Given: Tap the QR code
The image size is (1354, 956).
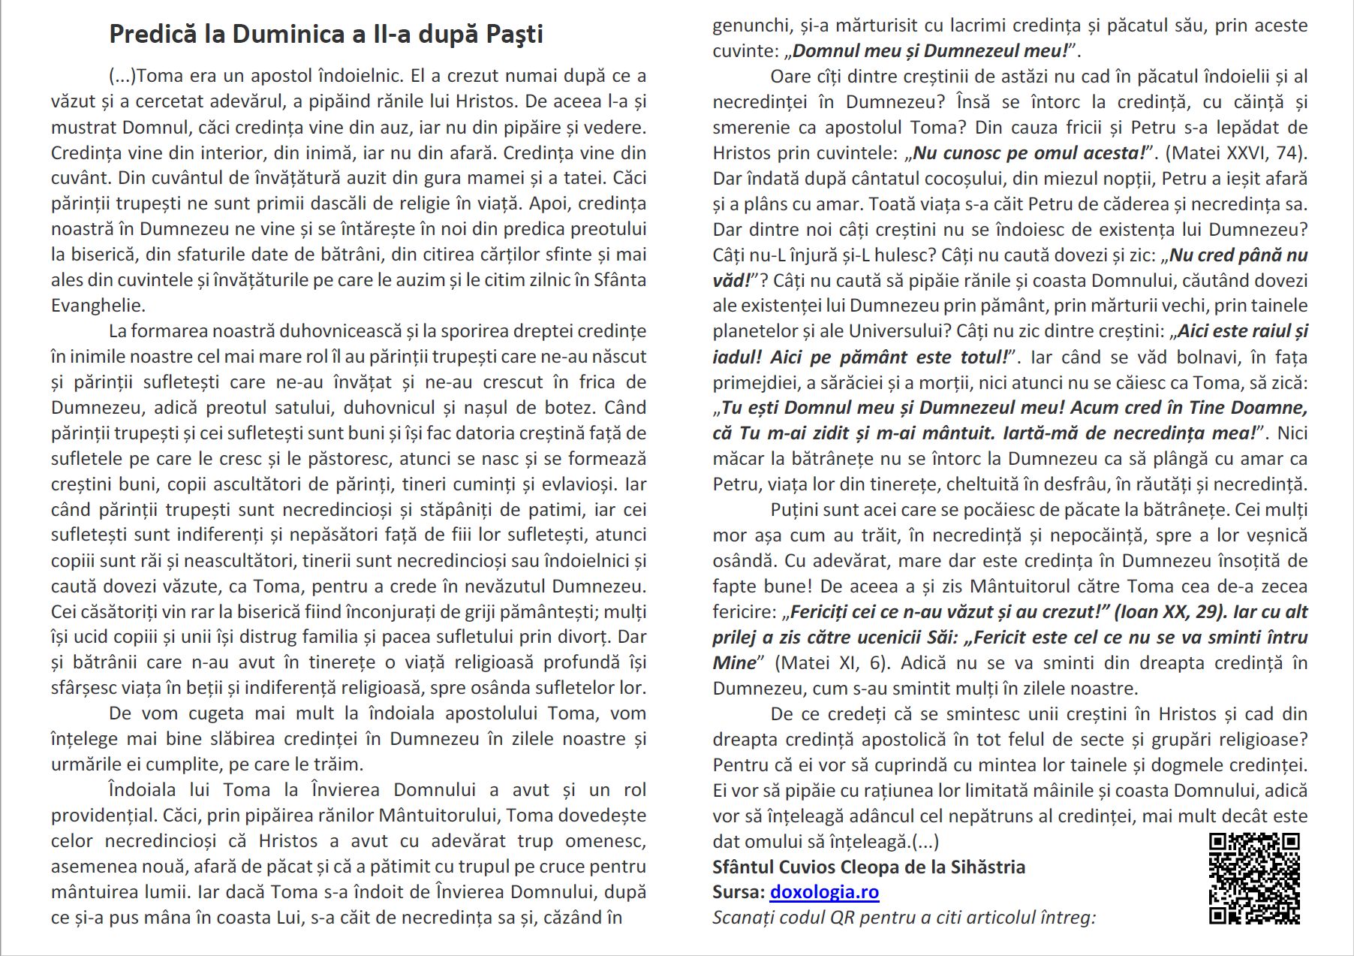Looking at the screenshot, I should (x=1253, y=878).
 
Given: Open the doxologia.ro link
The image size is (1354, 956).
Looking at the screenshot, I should (x=824, y=892).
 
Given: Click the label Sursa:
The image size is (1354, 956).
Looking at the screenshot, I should (x=739, y=892).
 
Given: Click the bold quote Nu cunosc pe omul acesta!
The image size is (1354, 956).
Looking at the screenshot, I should (x=1029, y=153).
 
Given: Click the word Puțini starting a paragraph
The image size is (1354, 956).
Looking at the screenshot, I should (x=797, y=510).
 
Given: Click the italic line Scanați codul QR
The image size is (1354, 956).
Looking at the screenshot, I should (x=904, y=918).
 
